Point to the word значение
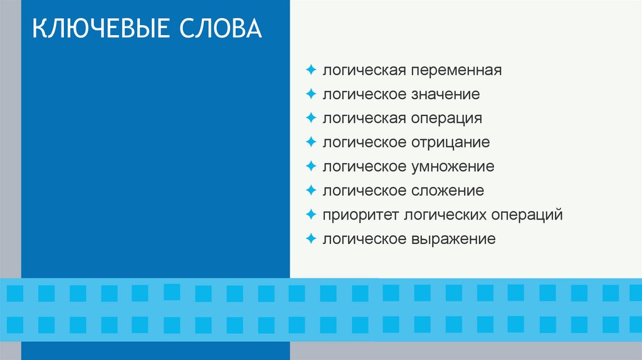tap(446, 95)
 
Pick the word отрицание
tap(450, 142)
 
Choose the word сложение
tap(448, 191)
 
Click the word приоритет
tap(360, 215)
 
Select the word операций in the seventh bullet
tap(527, 215)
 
